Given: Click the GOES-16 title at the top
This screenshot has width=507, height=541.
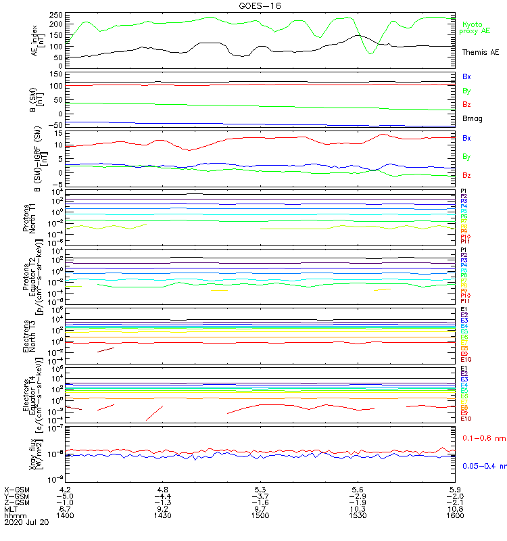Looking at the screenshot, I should pos(260,5).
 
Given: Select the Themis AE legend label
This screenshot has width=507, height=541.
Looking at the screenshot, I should pos(481,52).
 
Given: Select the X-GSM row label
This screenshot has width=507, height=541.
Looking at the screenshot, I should pos(18,489).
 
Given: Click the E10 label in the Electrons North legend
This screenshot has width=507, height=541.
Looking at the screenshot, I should pos(466,360).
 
